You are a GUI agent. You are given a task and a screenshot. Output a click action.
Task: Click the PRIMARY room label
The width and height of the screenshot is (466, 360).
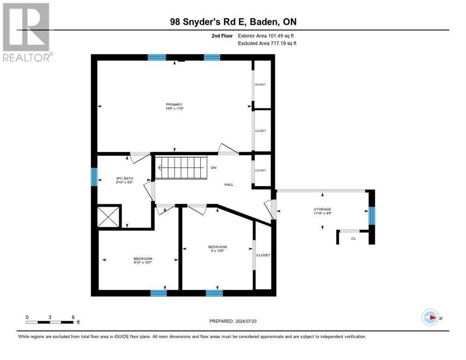point(173,105)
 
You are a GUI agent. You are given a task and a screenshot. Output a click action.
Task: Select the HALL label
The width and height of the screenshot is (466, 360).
point(229,185)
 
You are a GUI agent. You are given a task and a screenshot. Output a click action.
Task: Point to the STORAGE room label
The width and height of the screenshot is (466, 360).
point(322,209)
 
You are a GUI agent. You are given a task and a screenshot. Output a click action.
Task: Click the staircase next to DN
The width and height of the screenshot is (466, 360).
point(181,167)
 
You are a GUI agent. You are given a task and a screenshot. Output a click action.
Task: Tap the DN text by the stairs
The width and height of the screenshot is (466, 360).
point(214,167)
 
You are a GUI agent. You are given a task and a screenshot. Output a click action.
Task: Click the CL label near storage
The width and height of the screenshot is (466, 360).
point(353,239)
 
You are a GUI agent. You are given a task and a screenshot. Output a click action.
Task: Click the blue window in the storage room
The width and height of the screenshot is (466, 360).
point(371,216)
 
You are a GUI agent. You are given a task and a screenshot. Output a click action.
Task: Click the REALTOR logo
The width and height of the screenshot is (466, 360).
point(27,32)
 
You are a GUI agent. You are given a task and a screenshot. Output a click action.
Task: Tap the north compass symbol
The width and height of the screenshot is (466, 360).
point(430,317)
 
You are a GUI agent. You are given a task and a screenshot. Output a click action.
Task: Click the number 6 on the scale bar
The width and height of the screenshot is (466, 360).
point(73,317)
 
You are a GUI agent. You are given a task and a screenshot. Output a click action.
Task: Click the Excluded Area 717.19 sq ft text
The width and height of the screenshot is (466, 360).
point(267,43)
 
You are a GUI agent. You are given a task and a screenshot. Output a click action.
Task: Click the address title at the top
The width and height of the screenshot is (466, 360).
point(233,22)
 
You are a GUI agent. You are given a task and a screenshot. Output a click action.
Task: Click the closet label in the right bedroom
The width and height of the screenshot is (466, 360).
point(263,255)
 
